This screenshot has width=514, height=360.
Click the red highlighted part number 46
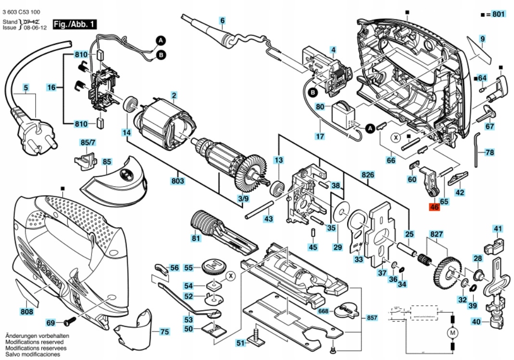point(434,207)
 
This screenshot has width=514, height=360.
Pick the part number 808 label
point(27,312)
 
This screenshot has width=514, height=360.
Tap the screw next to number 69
point(70,321)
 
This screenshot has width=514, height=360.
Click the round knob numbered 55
point(213,266)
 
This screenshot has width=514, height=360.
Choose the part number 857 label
point(371,318)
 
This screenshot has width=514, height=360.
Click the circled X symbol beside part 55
point(231,275)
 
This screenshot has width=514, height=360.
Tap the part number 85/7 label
point(88,142)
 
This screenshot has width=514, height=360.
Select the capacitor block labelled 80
point(344,114)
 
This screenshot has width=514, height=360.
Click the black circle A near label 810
point(161,40)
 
